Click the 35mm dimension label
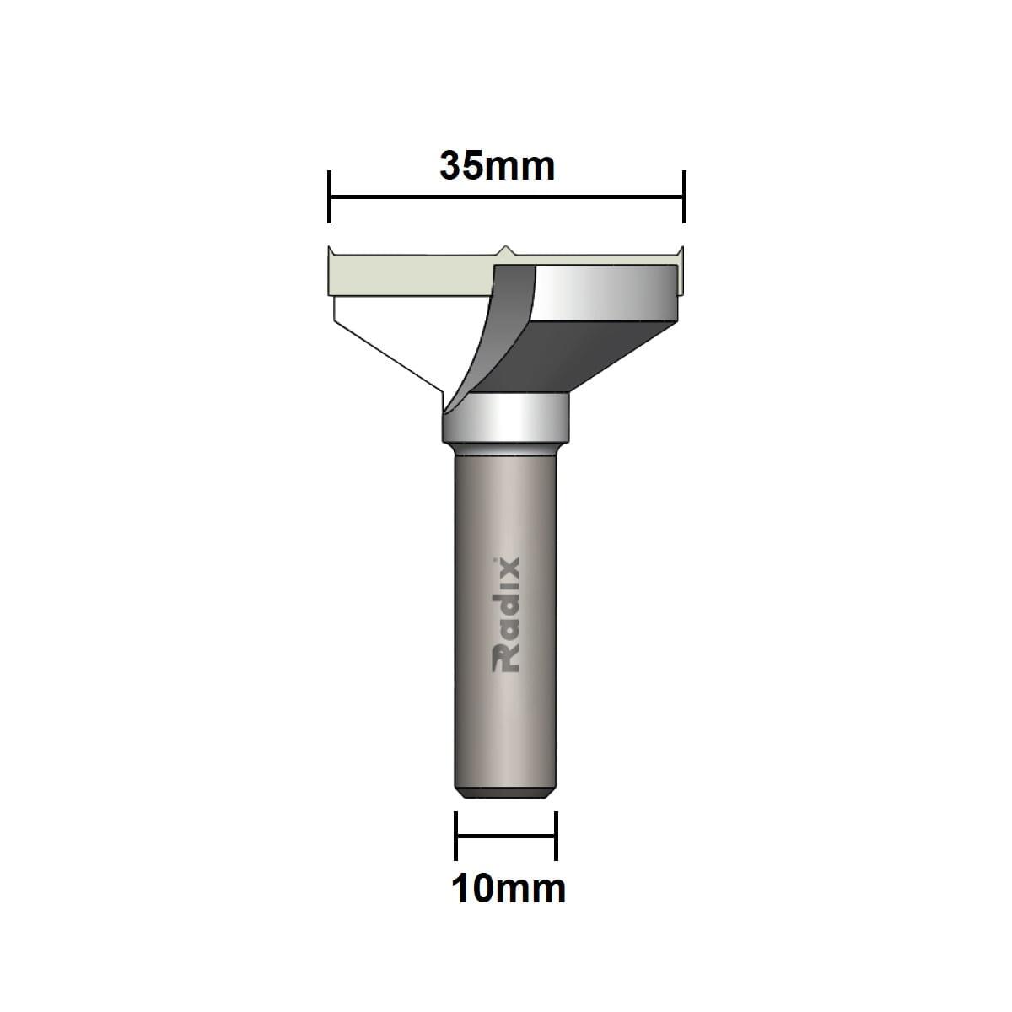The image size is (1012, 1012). coord(497,166)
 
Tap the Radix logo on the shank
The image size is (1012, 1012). coord(505,615)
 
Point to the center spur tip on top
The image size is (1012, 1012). coord(504,245)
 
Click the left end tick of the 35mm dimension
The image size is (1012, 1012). coord(329,196)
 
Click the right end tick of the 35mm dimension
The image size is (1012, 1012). coord(684,196)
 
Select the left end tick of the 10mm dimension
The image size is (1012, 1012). coord(456,836)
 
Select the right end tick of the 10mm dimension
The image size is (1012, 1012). coord(556,836)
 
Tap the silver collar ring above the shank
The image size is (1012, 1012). coord(505,418)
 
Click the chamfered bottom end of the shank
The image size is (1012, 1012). coord(505,794)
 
